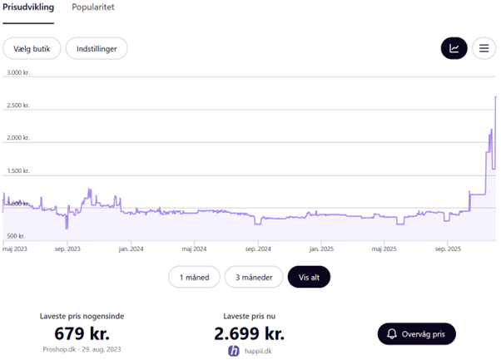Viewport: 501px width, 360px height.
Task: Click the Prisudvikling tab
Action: click(x=28, y=7)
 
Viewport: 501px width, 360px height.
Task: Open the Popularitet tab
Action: click(x=93, y=7)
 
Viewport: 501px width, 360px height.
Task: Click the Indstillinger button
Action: click(x=97, y=48)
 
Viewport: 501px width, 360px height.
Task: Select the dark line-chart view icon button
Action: click(x=454, y=48)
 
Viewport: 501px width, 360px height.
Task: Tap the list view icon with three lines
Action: click(x=483, y=48)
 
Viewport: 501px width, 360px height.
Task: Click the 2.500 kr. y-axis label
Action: click(x=17, y=106)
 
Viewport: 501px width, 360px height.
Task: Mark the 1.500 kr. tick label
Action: click(x=17, y=170)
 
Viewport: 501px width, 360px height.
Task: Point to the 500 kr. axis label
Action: click(x=16, y=236)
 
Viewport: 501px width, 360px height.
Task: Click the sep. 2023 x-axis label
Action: click(x=67, y=248)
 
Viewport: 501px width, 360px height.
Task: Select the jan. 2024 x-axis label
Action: click(x=131, y=248)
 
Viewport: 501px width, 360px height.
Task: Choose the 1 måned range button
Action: click(x=195, y=277)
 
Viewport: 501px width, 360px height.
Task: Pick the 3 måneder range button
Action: click(x=253, y=277)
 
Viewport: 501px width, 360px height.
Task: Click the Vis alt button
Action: click(x=309, y=277)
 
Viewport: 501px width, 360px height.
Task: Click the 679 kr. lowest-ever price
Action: click(x=82, y=333)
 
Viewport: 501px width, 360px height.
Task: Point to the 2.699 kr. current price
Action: click(x=249, y=333)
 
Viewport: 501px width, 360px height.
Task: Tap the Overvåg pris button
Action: click(x=416, y=334)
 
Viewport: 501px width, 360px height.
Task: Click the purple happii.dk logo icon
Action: click(x=233, y=351)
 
